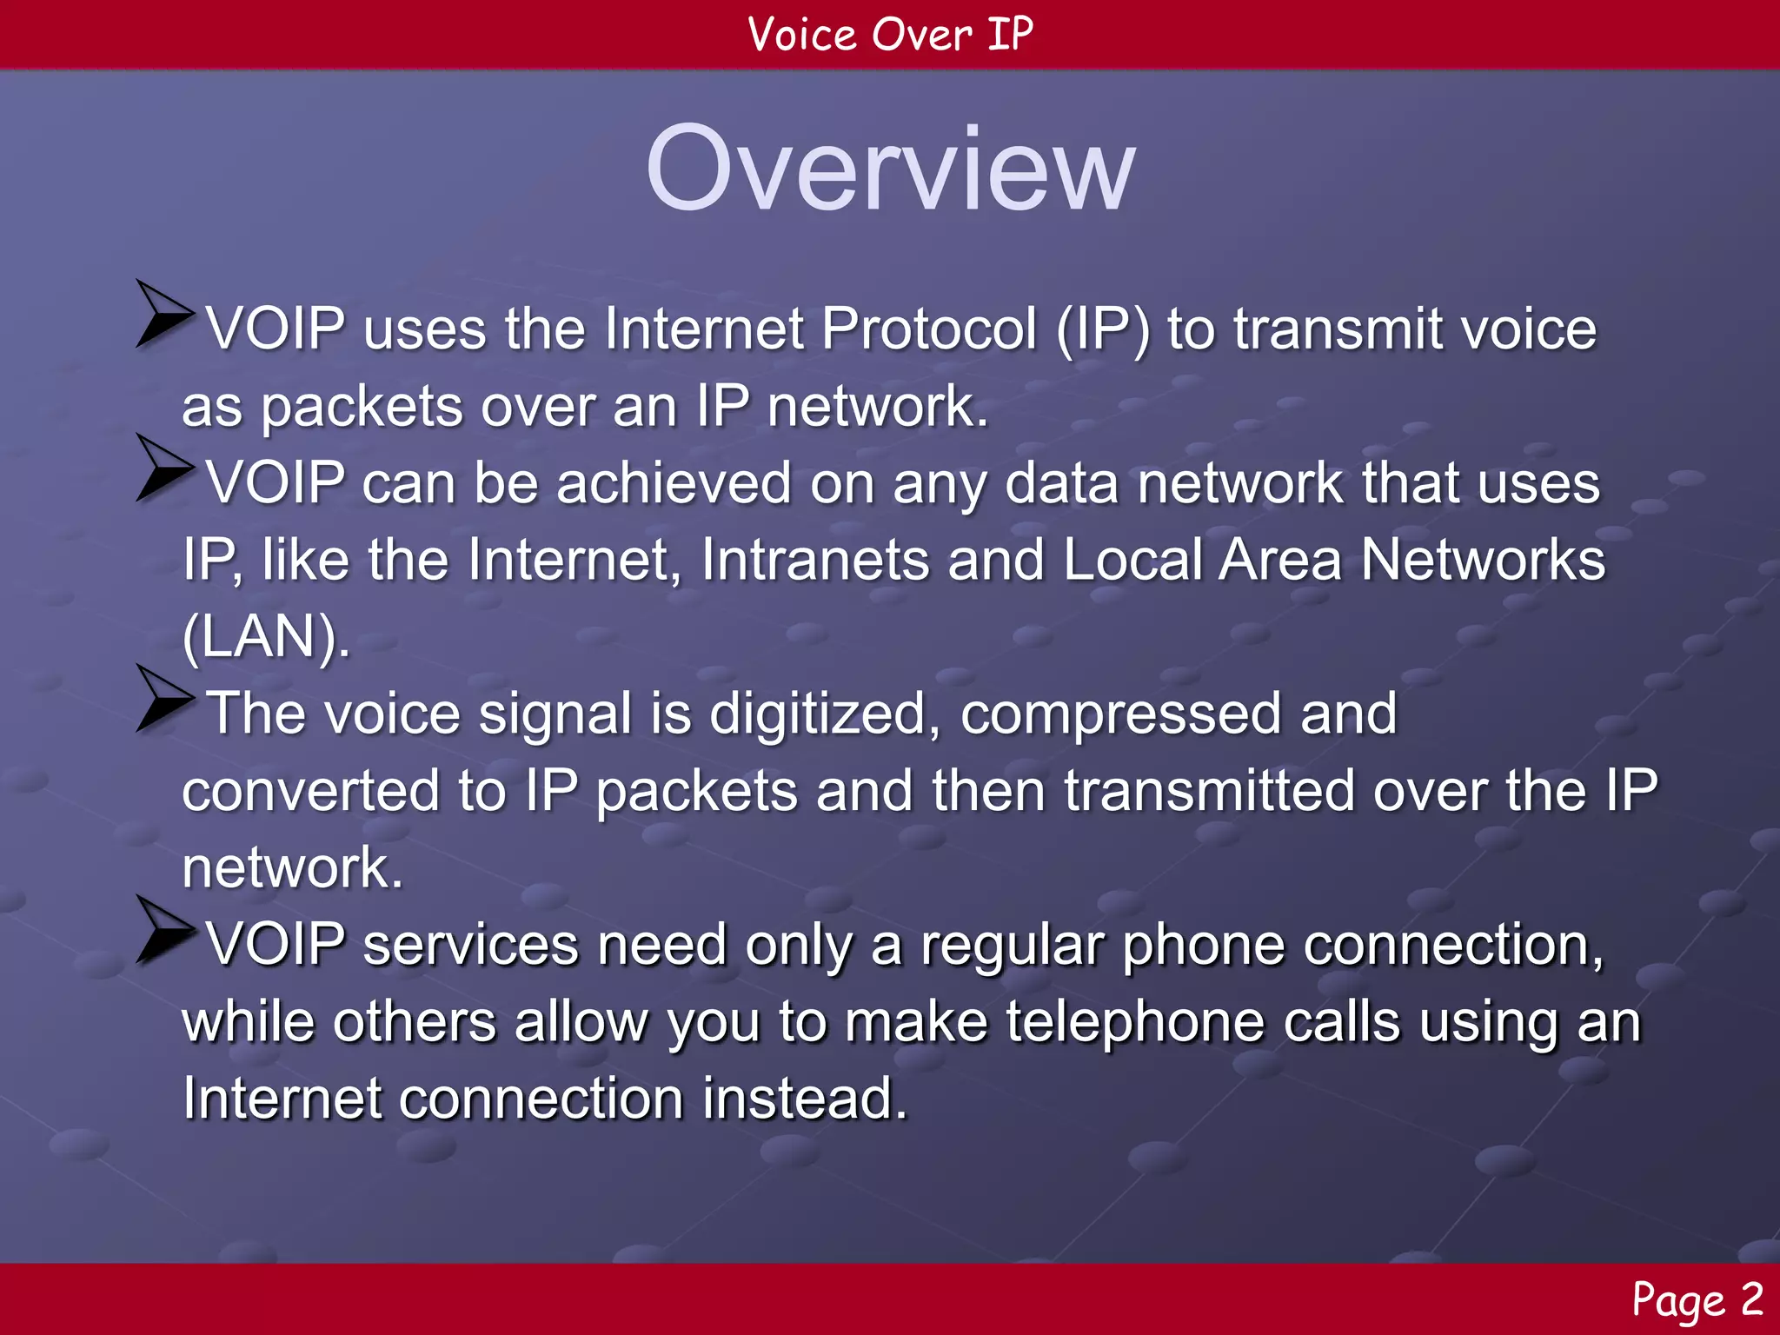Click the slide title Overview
point(890,169)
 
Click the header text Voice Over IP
point(890,35)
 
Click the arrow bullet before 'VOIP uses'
point(163,315)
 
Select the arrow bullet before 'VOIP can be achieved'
point(163,468)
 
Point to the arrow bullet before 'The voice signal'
point(163,700)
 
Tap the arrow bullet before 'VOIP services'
point(163,930)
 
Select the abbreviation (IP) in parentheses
point(1103,330)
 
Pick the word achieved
point(674,483)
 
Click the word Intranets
point(815,560)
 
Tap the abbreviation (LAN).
point(265,637)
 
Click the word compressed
point(1120,714)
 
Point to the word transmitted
point(1209,791)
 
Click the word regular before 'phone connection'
point(1012,946)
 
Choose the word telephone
point(1135,1022)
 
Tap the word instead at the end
point(805,1099)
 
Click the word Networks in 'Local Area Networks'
point(1483,560)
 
